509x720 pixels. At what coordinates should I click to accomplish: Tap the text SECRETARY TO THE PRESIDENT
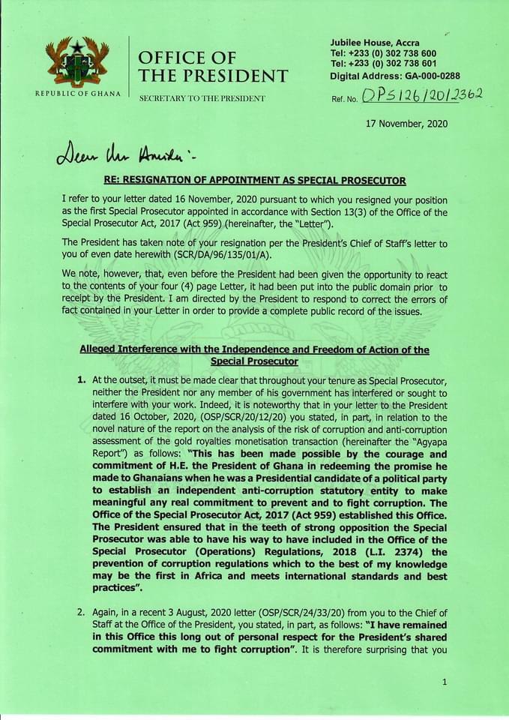pyautogui.click(x=202, y=99)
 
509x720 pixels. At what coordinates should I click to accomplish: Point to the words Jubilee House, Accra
pyautogui.click(x=375, y=43)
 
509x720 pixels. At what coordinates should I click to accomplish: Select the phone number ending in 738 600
pyautogui.click(x=383, y=54)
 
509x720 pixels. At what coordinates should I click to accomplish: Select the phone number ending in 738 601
pyautogui.click(x=383, y=64)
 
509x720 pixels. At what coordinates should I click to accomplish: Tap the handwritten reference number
pyautogui.click(x=421, y=95)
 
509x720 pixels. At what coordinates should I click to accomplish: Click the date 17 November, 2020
pyautogui.click(x=406, y=123)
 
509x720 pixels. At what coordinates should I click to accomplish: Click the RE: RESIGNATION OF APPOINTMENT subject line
pyautogui.click(x=254, y=181)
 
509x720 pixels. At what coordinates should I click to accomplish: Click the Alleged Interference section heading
pyautogui.click(x=254, y=355)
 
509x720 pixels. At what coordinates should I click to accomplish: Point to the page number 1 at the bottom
pyautogui.click(x=445, y=682)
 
